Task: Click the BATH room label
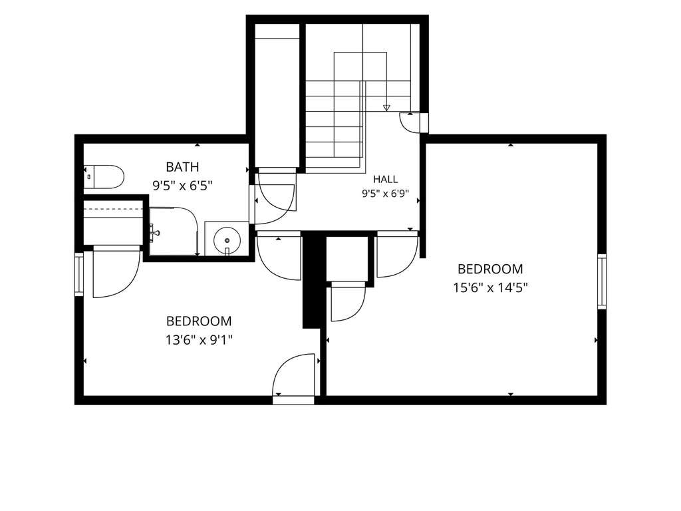182,167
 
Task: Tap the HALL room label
385,179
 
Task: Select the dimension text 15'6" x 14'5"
490,287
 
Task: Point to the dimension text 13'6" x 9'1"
199,339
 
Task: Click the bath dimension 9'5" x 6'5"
182,186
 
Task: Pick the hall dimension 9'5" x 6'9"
386,194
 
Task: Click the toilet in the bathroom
104,176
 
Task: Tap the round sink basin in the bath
227,240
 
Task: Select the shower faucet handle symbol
154,232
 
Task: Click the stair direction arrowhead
386,108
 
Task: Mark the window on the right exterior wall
601,281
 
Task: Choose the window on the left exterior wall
79,273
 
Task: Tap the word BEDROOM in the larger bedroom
490,269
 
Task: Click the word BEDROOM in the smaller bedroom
199,321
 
